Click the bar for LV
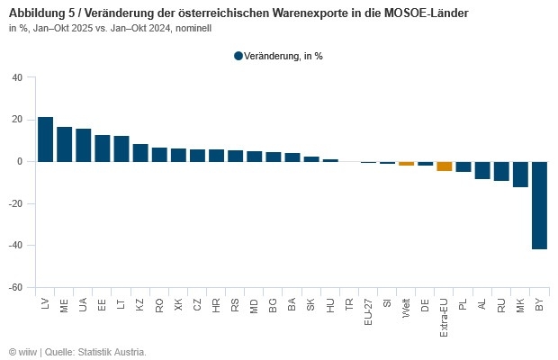(45, 139)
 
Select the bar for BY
(539, 205)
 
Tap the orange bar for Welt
(406, 164)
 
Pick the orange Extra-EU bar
(444, 166)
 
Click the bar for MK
(520, 174)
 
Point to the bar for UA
(83, 145)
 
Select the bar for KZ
(139, 153)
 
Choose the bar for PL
(463, 166)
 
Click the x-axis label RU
(501, 305)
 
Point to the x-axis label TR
(349, 305)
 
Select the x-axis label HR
(216, 305)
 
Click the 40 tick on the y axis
(17, 77)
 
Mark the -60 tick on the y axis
(15, 288)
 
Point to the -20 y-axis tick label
(15, 203)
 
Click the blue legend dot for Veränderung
(238, 56)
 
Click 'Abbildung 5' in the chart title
(41, 14)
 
